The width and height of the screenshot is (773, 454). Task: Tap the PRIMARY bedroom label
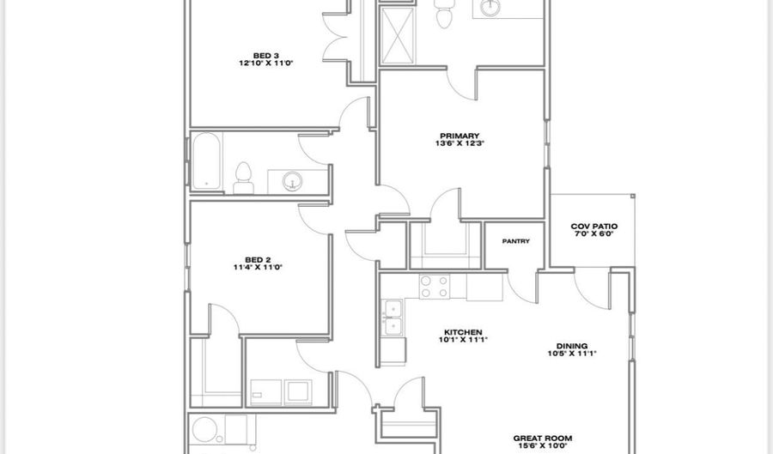453,136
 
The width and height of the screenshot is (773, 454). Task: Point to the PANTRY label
515,241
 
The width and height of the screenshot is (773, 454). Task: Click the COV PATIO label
594,227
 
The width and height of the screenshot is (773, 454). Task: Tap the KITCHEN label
463,332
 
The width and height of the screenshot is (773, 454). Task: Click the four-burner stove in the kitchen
434,286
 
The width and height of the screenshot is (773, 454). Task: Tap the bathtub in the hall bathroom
206,160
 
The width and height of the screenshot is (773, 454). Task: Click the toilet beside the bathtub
243,175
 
